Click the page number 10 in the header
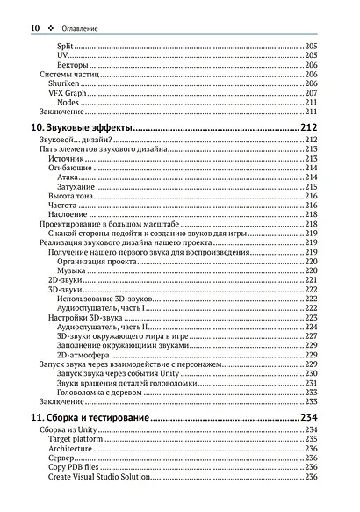36,28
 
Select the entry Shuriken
64,83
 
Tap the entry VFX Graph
67,93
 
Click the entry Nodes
68,103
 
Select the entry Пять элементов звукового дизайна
98,149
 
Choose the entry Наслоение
68,214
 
